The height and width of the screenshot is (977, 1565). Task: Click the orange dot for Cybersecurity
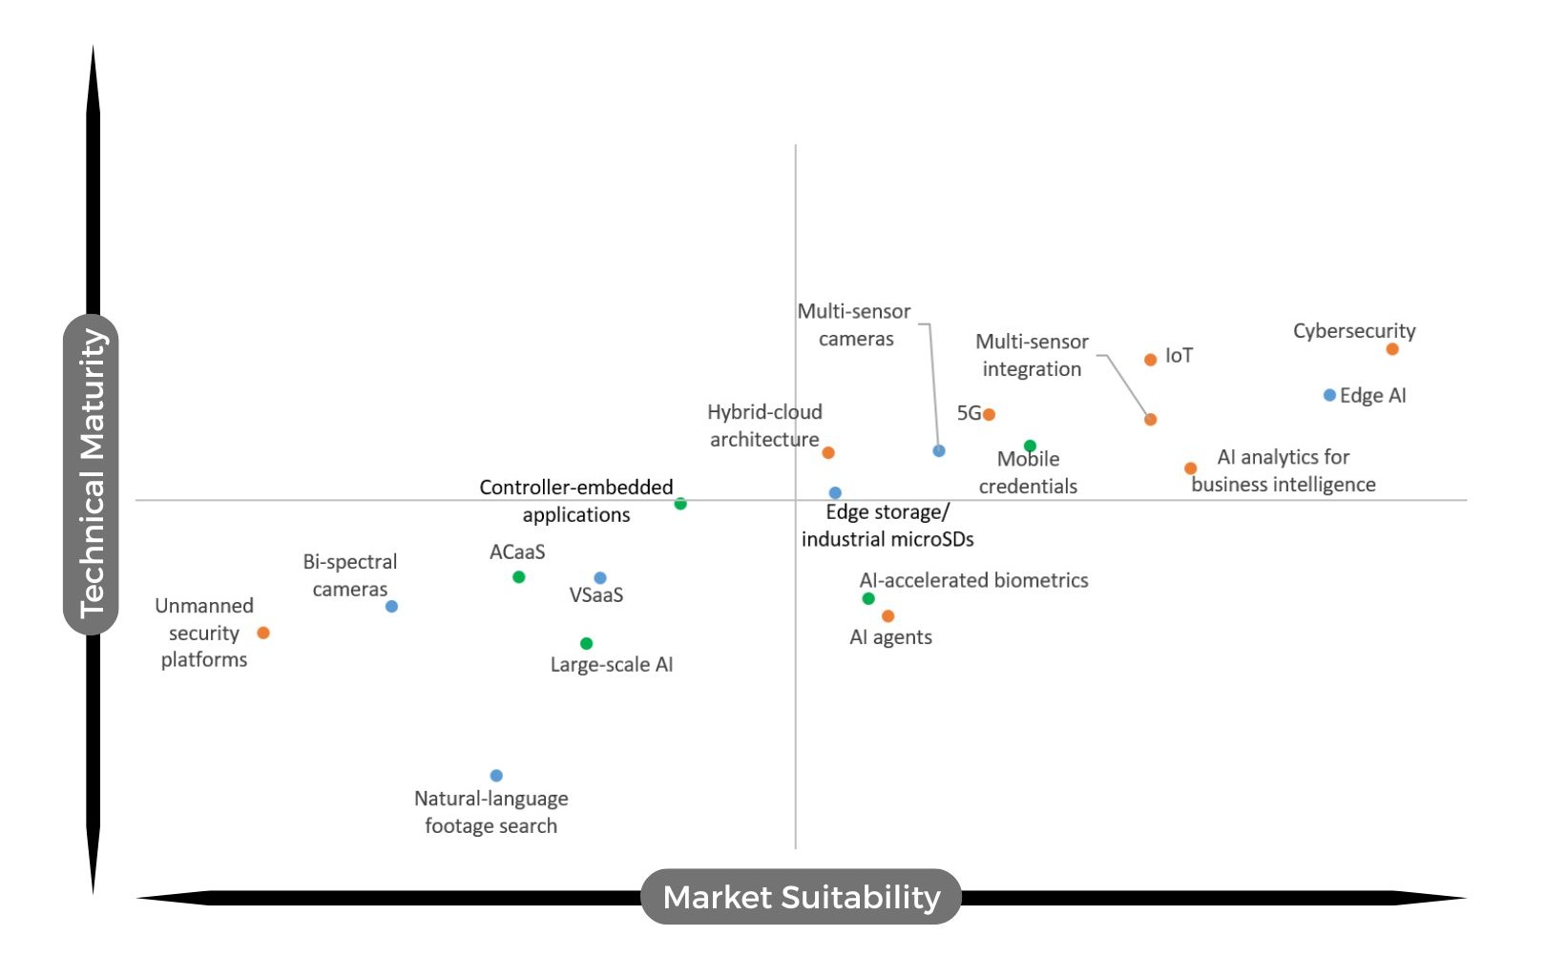click(x=1392, y=349)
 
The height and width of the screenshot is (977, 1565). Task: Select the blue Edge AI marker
click(x=1329, y=395)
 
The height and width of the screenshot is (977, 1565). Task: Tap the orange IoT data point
click(x=1151, y=360)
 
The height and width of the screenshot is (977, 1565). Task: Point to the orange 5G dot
click(x=990, y=414)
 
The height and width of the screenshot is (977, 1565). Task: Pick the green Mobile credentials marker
click(x=1030, y=446)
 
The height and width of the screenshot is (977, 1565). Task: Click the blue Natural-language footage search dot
click(x=496, y=776)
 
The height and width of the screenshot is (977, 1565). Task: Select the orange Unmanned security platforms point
click(x=263, y=633)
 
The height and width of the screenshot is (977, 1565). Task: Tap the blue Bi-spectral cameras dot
click(x=391, y=606)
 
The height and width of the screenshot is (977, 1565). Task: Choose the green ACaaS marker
click(x=518, y=577)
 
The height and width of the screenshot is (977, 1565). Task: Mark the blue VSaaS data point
click(x=600, y=578)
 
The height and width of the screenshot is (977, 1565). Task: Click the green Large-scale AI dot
click(x=586, y=644)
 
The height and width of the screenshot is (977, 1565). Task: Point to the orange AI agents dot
click(x=888, y=616)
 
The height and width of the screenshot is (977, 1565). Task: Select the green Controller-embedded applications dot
click(x=680, y=504)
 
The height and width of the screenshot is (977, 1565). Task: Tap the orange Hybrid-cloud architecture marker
click(x=828, y=452)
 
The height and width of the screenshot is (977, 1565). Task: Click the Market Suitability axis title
click(x=801, y=897)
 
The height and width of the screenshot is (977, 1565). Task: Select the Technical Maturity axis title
click(x=92, y=474)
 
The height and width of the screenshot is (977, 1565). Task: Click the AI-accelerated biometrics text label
click(x=973, y=580)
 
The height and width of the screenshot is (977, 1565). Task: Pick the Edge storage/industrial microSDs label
click(x=887, y=526)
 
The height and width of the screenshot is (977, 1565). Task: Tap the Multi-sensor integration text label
click(x=1032, y=355)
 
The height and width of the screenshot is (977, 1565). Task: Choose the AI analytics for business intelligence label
click(x=1283, y=470)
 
